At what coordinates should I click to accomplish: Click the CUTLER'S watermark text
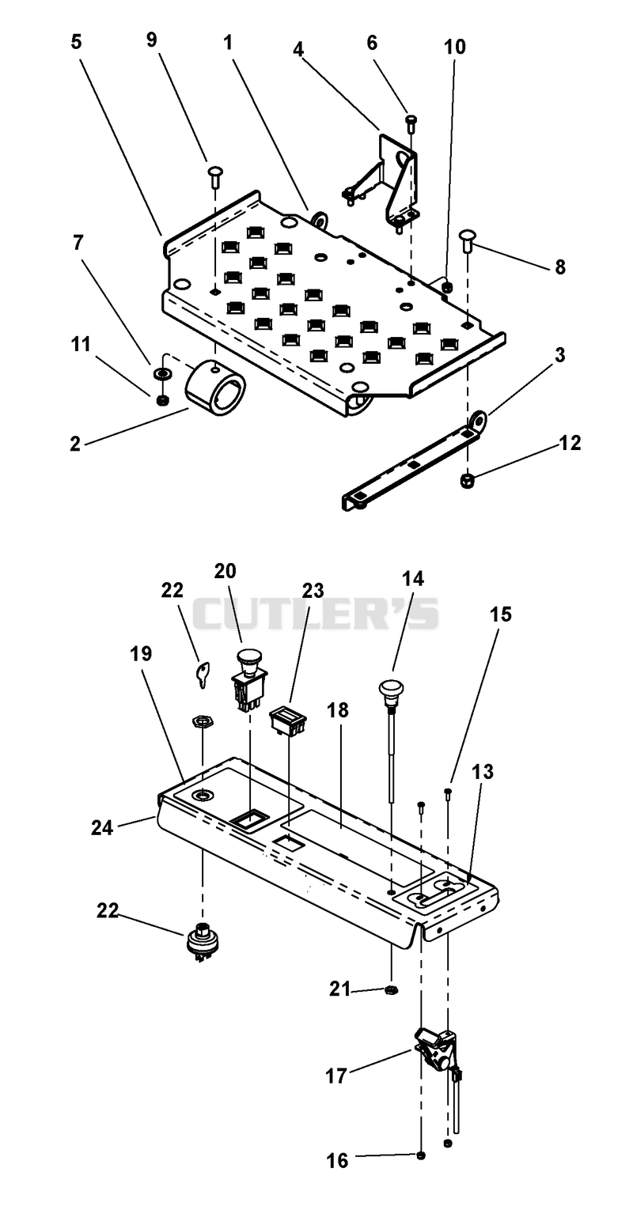coord(315,614)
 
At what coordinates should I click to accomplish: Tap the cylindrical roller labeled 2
coord(215,388)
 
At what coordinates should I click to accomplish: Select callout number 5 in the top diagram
coord(76,42)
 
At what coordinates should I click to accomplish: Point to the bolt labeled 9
coord(214,176)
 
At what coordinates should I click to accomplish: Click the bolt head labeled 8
coord(468,239)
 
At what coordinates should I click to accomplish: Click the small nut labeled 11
coord(162,401)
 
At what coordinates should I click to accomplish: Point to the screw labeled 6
coord(411,123)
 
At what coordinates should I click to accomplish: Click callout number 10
coord(455,47)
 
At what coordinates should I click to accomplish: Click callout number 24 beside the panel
coord(101,826)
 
